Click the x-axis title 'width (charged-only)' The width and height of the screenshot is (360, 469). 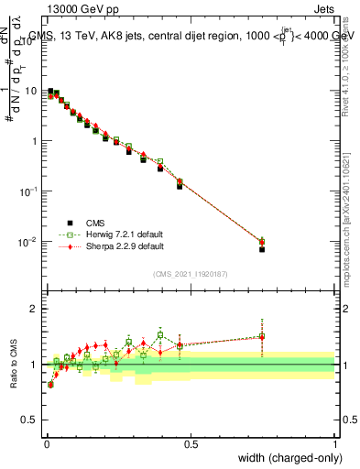289,459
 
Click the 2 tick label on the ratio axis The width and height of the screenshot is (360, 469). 35,309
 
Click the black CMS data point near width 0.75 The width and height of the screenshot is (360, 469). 262,249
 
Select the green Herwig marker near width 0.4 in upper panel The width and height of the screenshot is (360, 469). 160,161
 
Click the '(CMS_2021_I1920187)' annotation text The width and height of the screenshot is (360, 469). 191,273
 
